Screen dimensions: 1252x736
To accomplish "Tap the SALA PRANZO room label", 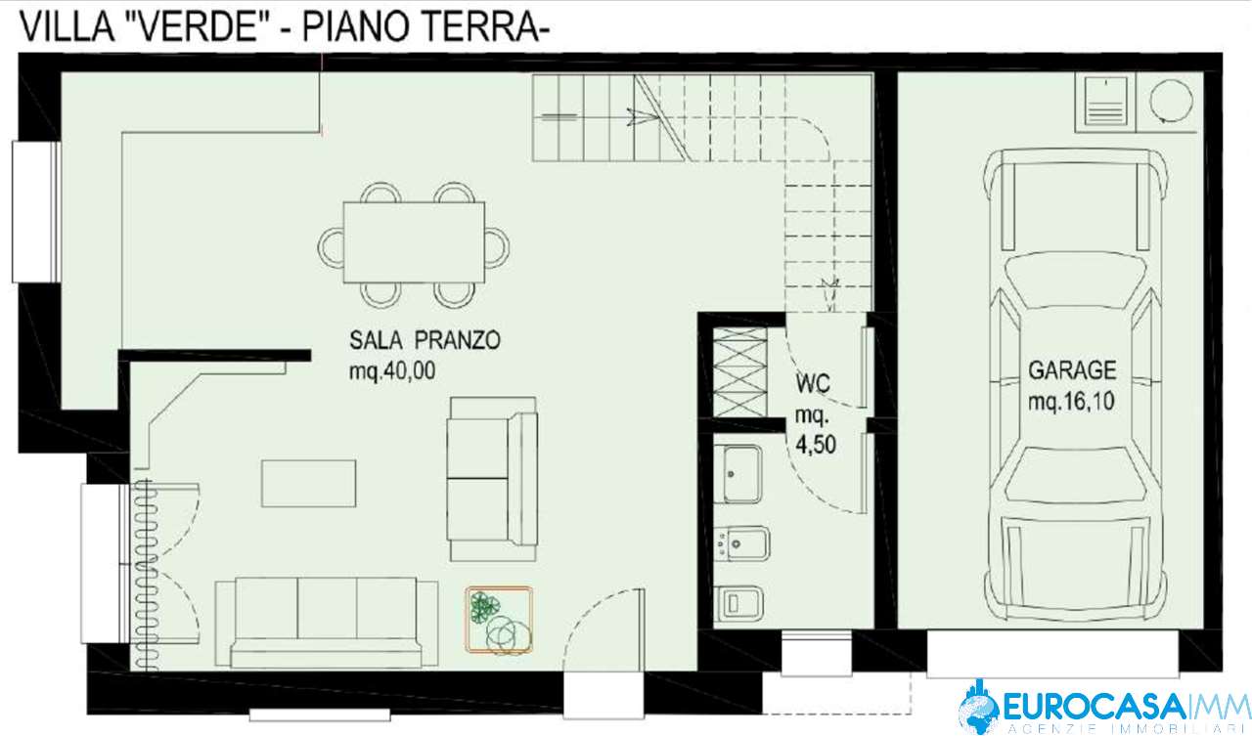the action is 425,340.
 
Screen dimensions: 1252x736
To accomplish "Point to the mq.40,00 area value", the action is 392,370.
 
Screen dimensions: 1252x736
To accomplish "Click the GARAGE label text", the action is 1072,370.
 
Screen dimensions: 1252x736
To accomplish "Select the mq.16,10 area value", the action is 1071,402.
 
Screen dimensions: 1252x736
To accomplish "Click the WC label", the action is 813,384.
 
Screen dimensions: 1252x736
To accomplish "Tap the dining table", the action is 414,242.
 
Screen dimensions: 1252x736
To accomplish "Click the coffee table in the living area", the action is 308,484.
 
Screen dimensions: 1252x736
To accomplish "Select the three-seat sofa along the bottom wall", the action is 327,623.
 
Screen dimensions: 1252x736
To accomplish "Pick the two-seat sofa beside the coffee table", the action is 492,479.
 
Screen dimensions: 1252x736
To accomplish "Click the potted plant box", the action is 499,620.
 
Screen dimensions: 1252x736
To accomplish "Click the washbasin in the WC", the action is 738,474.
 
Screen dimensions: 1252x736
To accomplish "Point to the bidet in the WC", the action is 743,542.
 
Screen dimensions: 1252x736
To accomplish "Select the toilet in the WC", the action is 738,603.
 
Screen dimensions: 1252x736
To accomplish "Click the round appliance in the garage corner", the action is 1171,102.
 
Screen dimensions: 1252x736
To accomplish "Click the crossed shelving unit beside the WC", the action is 740,372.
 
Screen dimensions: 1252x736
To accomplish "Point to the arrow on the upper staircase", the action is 643,116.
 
